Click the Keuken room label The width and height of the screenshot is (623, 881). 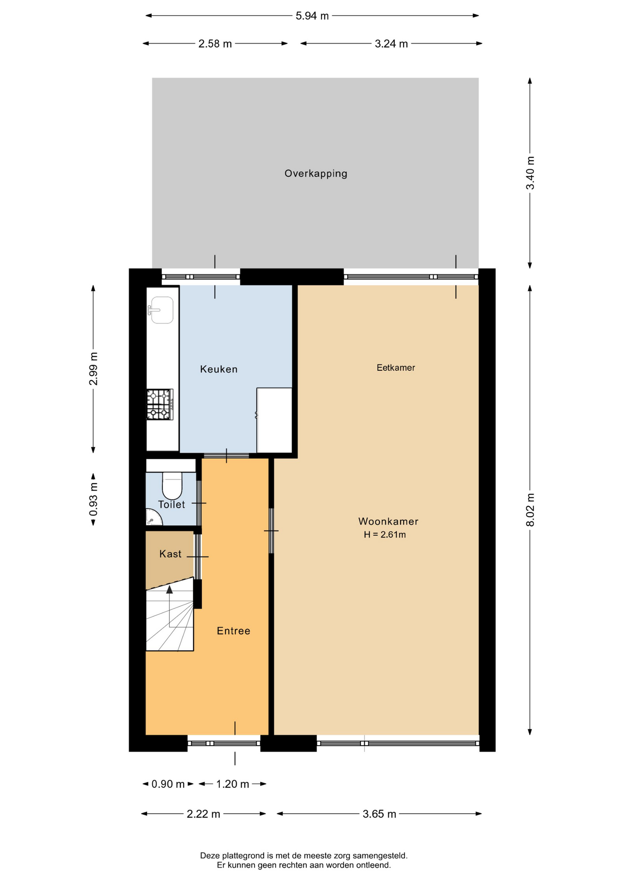click(219, 369)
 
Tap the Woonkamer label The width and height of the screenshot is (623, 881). click(388, 521)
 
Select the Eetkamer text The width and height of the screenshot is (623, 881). click(395, 368)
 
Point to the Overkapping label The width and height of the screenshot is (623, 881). click(316, 173)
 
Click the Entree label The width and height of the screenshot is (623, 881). click(234, 631)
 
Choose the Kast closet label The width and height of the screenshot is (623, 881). click(170, 554)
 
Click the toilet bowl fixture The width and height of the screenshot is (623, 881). click(172, 485)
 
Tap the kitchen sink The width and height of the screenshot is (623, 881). click(161, 310)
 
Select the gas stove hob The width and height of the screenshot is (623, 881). click(160, 404)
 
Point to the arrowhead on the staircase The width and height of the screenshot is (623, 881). click(170, 590)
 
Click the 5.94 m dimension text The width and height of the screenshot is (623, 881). click(312, 16)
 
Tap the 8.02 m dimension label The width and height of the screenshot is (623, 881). click(530, 510)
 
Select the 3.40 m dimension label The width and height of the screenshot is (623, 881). click(530, 173)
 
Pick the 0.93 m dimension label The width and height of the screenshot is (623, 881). click(93, 499)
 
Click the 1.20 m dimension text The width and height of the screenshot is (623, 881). click(233, 784)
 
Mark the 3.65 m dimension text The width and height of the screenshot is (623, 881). click(379, 814)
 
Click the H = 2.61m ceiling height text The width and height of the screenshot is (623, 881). click(385, 535)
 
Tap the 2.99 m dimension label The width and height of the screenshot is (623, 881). click(93, 369)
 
